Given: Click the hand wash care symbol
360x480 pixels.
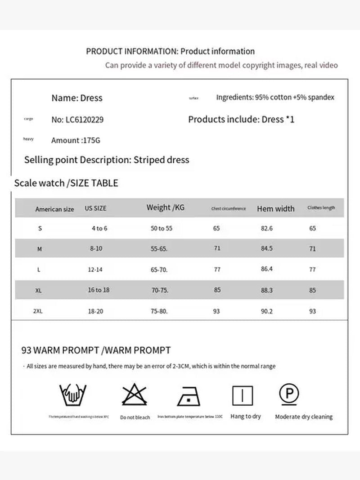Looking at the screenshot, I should click(73, 395).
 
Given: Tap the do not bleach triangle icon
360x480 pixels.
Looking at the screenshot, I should click(135, 395).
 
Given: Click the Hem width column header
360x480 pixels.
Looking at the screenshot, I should click(275, 209).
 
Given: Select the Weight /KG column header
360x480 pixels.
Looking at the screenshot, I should click(166, 207).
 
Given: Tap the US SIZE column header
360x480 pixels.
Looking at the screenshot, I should click(95, 209).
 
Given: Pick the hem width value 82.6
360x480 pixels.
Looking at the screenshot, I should click(267, 229).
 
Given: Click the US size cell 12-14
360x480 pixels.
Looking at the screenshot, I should click(95, 269).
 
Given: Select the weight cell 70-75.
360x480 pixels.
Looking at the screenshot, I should click(160, 290).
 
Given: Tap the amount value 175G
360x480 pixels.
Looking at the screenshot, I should click(91, 140).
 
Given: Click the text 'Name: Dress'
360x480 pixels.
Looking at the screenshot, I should click(77, 98).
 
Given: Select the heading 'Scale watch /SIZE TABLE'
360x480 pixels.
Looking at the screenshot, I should click(66, 183).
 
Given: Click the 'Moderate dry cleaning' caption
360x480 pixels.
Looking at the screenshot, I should click(304, 417).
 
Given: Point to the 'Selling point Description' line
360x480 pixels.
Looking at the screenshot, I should click(107, 160).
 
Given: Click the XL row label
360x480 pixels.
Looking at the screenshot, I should click(39, 291).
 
